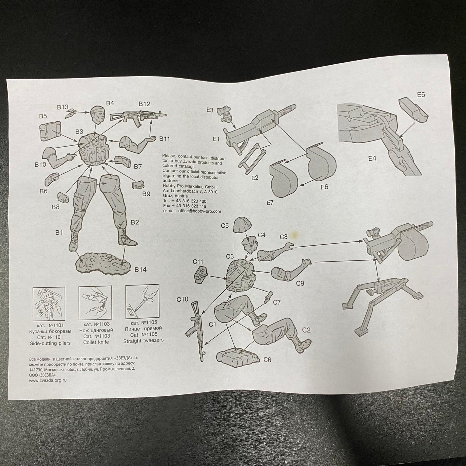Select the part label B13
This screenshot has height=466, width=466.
pos(63,107)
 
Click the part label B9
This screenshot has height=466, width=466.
pos(146,194)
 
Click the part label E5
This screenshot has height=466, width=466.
pos(421,95)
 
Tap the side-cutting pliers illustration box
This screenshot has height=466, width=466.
pos(49,303)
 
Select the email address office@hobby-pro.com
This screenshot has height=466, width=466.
pos(199,211)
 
